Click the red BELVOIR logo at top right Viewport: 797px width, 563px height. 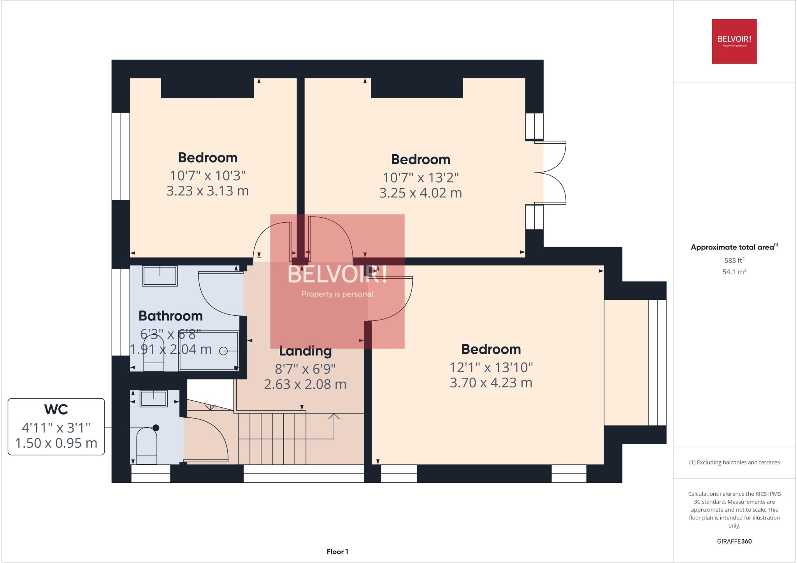tap(734, 41)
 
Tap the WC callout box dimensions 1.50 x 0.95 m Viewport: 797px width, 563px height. tap(56, 443)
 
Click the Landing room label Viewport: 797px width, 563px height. tap(305, 351)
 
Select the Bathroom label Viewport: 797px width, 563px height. tap(170, 316)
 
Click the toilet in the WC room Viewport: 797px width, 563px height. tap(146, 446)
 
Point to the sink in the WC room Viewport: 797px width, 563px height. tap(154, 399)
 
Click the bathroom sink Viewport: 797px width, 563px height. tap(160, 276)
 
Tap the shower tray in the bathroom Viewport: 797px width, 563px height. tap(208, 350)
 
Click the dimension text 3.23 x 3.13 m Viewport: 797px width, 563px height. tap(207, 191)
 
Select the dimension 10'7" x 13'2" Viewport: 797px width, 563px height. tap(420, 178)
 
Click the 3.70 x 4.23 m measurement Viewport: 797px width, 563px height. tap(491, 383)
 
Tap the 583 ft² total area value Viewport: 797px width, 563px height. tap(734, 260)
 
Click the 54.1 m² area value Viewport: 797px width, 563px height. tap(734, 272)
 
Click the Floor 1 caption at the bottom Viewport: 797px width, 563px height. tap(337, 552)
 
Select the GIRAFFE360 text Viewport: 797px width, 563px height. tap(734, 541)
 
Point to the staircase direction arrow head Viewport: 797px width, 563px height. tap(334, 416)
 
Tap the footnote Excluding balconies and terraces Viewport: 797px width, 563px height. tap(734, 463)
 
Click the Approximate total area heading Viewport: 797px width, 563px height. tap(732, 247)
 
